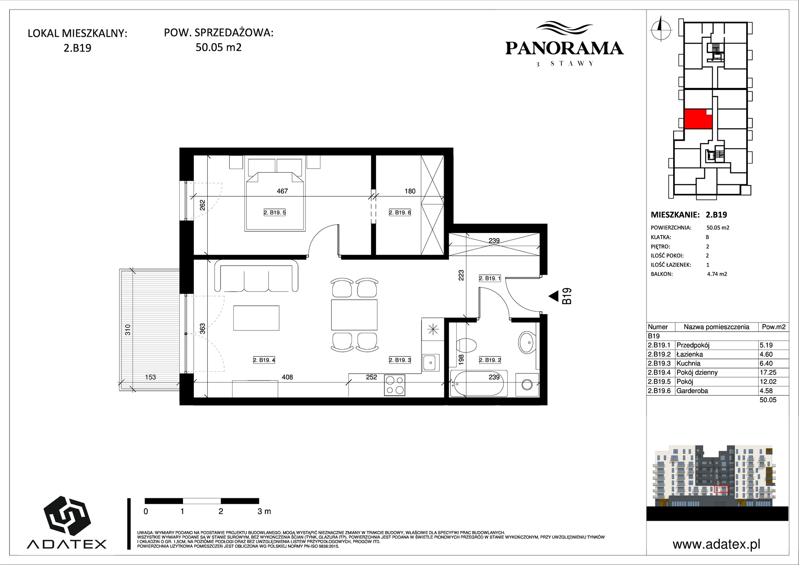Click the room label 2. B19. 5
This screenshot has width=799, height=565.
coord(274,213)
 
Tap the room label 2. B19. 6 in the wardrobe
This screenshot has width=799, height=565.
coord(400,213)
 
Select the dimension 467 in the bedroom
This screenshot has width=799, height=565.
coord(282,191)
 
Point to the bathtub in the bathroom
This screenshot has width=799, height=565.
coord(479,384)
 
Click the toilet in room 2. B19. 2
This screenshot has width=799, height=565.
coord(466,346)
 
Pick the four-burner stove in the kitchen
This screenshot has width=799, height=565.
coord(395,385)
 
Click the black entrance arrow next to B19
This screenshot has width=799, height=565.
coord(553,296)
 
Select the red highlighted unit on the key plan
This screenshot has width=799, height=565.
coord(698,119)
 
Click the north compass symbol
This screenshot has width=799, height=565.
coord(661,28)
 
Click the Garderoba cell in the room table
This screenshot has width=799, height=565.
coord(692,391)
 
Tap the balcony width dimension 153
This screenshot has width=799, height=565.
coord(150,377)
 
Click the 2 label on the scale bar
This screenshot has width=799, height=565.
coord(221,511)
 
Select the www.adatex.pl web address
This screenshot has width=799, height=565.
coord(716,544)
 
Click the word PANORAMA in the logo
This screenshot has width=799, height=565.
coord(564,48)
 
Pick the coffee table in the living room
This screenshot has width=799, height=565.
coord(256,318)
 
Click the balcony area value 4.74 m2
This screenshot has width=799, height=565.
coord(717,274)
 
